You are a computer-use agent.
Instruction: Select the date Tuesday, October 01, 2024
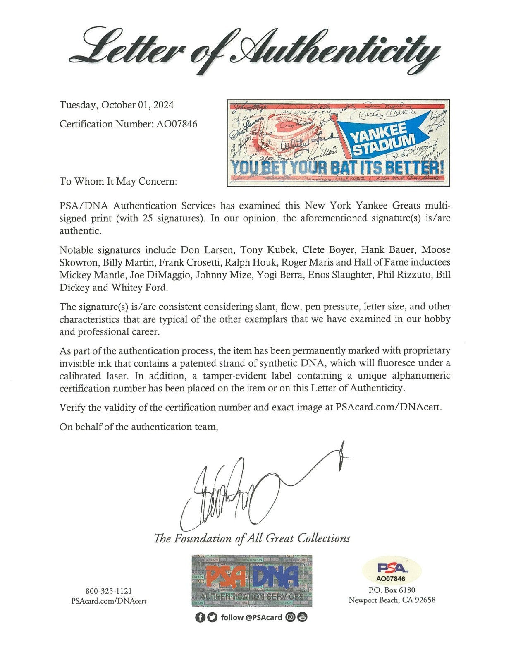click(117, 105)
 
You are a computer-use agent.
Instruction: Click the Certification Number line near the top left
click(128, 124)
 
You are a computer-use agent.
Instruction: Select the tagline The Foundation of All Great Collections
click(252, 538)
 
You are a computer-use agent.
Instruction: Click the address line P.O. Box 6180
click(392, 590)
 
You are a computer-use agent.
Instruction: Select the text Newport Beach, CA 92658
click(392, 600)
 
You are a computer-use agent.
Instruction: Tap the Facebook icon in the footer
click(200, 617)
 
